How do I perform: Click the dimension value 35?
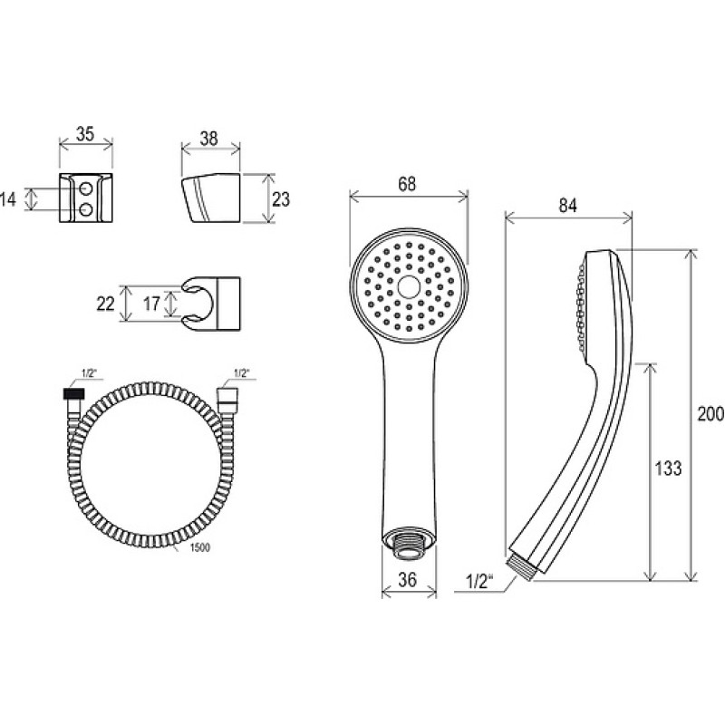[x=85, y=134]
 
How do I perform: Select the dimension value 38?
[x=209, y=139]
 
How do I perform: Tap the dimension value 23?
[x=280, y=199]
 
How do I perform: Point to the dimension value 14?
[x=8, y=199]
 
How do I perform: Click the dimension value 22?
[x=105, y=304]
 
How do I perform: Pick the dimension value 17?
[x=151, y=304]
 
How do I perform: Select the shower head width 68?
[x=407, y=184]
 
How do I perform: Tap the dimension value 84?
[x=568, y=206]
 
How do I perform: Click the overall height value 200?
[x=710, y=413]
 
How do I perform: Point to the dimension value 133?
[x=668, y=468]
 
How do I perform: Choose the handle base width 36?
[x=407, y=579]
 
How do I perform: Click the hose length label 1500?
[x=199, y=548]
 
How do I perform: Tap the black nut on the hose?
[x=74, y=394]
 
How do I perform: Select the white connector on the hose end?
[x=227, y=397]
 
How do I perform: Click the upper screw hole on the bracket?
[x=86, y=188]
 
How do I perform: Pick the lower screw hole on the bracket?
[x=86, y=210]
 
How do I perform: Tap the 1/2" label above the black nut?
[x=88, y=373]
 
